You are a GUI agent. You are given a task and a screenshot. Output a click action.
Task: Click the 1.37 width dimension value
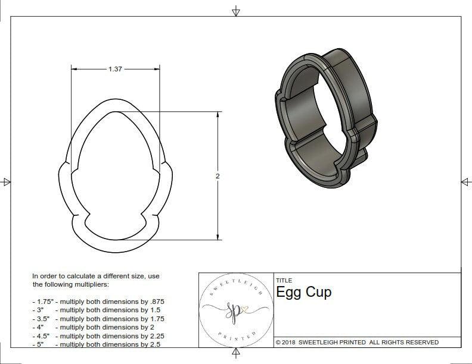click(115, 69)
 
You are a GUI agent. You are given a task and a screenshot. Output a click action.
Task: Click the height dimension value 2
click(218, 176)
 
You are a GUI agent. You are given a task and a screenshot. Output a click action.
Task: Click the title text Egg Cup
click(303, 292)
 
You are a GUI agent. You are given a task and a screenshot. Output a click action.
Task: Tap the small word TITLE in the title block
click(283, 281)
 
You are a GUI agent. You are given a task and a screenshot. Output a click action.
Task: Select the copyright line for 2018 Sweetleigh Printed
click(357, 342)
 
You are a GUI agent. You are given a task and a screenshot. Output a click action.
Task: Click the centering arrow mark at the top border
click(236, 11)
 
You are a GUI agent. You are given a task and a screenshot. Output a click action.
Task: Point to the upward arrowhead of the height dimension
click(218, 114)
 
